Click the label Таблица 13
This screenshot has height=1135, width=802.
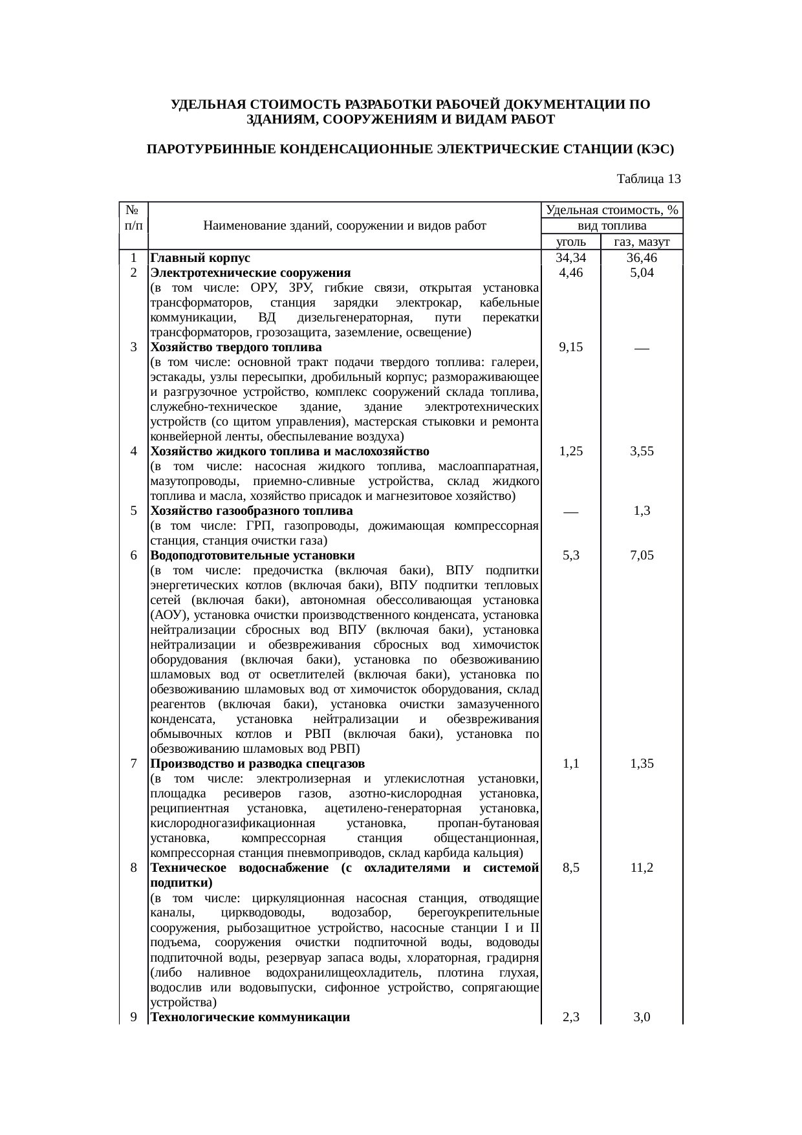pos(649,178)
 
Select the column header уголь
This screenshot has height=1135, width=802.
pos(570,242)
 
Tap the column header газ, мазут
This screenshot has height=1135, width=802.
pos(642,242)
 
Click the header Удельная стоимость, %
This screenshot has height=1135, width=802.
pos(612,210)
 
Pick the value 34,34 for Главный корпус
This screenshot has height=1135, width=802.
pos(570,258)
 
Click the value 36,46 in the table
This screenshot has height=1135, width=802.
pos(642,258)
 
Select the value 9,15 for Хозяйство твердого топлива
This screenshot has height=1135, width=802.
pos(570,347)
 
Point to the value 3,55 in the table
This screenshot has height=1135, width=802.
pos(642,451)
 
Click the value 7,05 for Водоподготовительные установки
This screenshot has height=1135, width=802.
pos(642,556)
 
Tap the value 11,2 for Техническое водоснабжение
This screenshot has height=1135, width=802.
pos(642,868)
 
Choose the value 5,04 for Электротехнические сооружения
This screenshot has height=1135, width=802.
pos(642,273)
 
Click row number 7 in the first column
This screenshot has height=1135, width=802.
pos(133,764)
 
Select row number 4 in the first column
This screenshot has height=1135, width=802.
pos(133,451)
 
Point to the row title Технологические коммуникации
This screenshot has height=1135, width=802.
pos(250,1017)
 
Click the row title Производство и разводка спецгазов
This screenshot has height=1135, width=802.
pos(257,764)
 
